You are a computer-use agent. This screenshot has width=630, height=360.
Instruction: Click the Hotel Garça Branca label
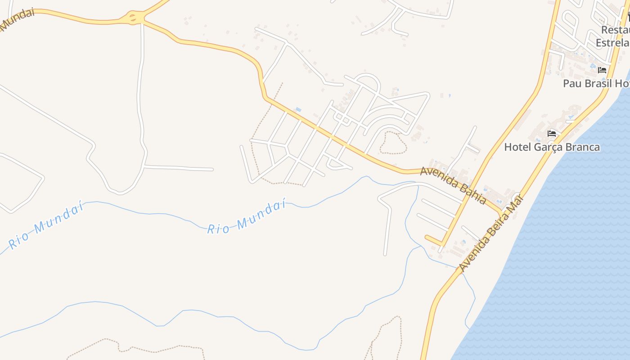coord(552,147)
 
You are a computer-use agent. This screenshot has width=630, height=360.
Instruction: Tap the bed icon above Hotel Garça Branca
coord(552,134)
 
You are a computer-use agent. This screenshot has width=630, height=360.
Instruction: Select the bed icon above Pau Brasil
coord(602,70)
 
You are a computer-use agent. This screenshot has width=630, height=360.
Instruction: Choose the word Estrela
coord(612,43)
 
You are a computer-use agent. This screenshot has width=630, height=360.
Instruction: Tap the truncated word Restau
coord(615,30)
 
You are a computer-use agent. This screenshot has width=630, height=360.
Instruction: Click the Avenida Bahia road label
coord(453,184)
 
